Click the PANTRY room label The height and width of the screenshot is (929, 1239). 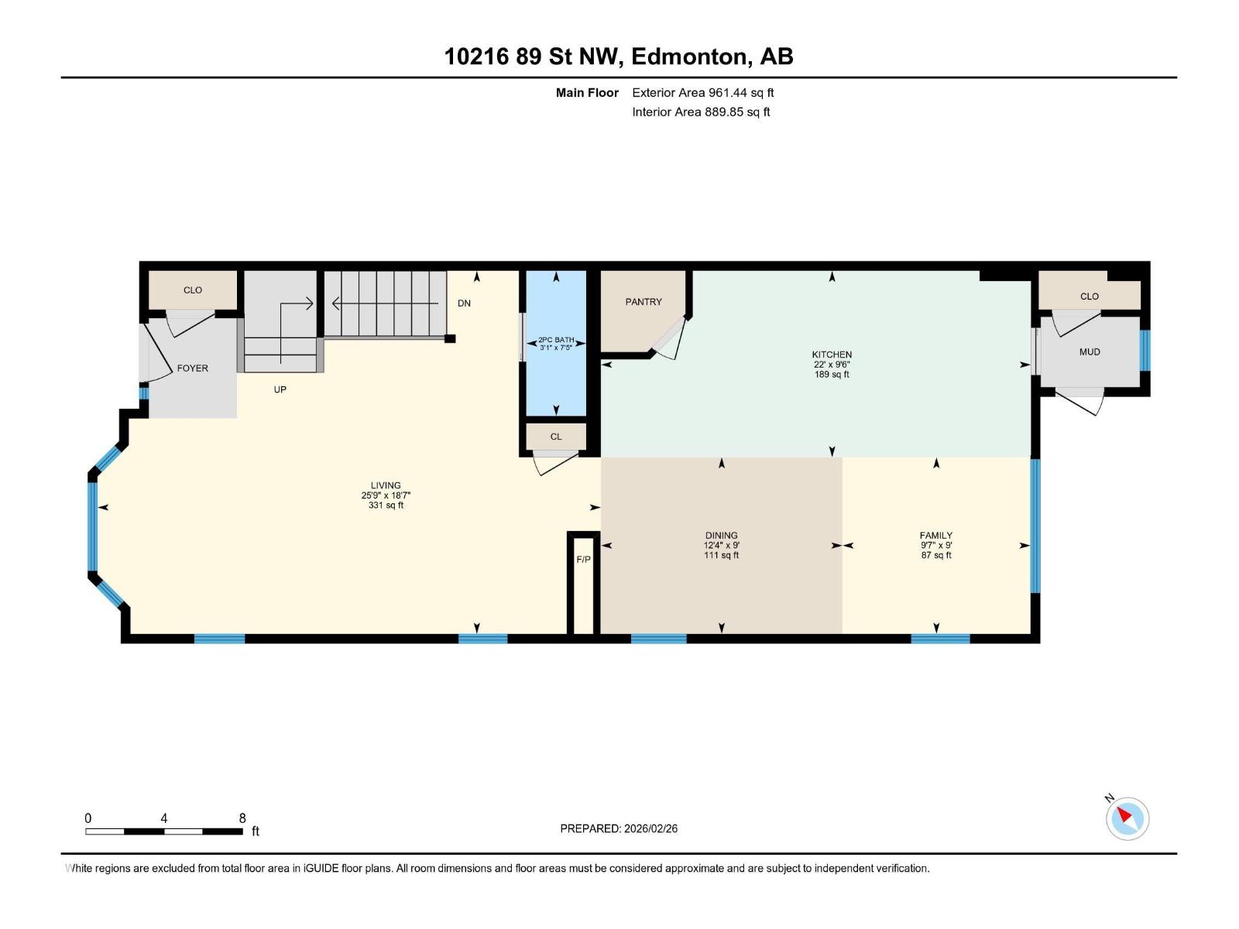pos(644,302)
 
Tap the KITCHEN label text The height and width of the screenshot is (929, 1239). pos(832,355)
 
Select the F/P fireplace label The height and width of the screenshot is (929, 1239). pos(583,560)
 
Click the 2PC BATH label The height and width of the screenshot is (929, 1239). pos(556,340)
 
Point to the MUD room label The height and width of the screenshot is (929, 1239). pos(1090,351)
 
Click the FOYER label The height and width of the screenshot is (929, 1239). pos(192,369)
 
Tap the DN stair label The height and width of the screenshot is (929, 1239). pos(464,303)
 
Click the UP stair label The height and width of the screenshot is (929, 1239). pos(280,389)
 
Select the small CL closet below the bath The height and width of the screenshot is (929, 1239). pos(556,437)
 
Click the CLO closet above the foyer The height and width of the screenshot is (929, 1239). pos(193,290)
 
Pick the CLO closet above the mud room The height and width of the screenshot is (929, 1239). pos(1090,297)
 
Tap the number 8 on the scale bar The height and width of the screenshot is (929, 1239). pos(242,818)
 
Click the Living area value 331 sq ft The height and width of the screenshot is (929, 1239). pos(386,506)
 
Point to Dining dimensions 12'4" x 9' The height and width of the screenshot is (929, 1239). pos(721,545)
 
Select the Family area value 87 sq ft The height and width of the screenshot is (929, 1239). pos(936,555)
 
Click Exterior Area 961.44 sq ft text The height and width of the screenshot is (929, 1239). pos(702,93)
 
